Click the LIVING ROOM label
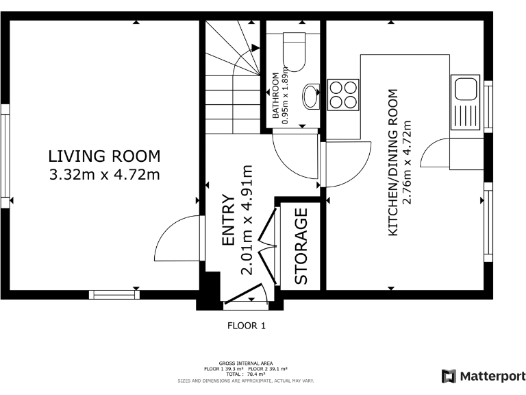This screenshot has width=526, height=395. click(x=104, y=156)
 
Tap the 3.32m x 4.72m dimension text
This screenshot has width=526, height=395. click(x=104, y=175)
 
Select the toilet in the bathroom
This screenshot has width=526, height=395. click(x=295, y=51)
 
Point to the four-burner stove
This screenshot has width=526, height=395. click(x=343, y=95)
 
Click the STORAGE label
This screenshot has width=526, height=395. click(x=301, y=246)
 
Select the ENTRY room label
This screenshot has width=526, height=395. click(x=229, y=219)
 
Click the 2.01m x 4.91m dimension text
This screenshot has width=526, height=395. click(x=247, y=220)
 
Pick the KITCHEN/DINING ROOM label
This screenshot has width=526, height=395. click(x=392, y=163)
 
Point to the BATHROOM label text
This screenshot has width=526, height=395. click(x=275, y=95)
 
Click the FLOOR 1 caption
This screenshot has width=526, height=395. click(x=247, y=326)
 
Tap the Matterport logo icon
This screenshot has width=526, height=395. click(x=449, y=376)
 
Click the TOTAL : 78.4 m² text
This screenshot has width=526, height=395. click(x=246, y=374)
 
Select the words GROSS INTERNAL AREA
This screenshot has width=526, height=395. click(x=246, y=363)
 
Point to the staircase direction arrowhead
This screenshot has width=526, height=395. click(x=255, y=48)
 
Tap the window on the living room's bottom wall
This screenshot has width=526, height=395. click(x=114, y=295)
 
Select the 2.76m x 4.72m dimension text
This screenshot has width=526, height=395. click(x=407, y=163)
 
